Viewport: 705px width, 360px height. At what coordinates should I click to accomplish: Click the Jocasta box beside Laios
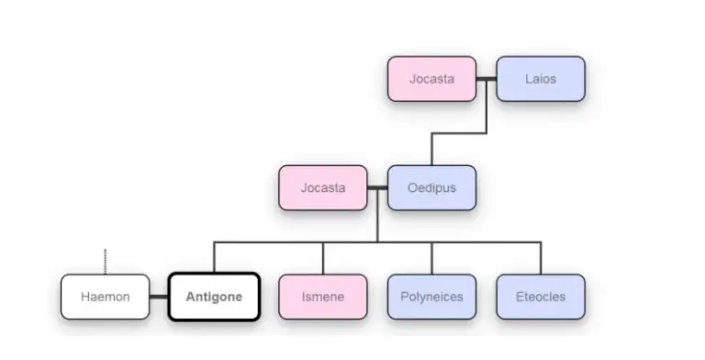[x=431, y=79]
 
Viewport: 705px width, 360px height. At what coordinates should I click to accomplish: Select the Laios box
[x=541, y=79]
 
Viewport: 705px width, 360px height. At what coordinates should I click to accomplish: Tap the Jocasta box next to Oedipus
[x=323, y=188]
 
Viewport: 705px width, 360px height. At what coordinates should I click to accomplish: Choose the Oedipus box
[x=431, y=188]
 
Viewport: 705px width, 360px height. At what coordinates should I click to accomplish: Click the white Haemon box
[x=105, y=297]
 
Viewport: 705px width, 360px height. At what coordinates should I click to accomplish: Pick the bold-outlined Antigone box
[x=214, y=297]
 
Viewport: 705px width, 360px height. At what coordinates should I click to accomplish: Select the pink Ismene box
[x=323, y=297]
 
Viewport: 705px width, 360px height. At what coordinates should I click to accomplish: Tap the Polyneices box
[x=431, y=297]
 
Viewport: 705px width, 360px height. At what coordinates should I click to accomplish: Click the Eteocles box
[x=541, y=297]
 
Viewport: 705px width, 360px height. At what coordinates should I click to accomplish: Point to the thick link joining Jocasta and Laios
[x=487, y=79]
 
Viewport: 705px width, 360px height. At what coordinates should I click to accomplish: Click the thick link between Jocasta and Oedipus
[x=377, y=188]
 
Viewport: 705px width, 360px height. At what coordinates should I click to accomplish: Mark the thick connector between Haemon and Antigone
[x=159, y=297]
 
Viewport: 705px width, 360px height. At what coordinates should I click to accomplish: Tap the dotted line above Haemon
[x=105, y=260]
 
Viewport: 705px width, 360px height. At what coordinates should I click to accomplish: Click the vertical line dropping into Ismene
[x=323, y=258]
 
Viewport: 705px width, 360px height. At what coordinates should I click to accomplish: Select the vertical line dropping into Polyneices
[x=431, y=258]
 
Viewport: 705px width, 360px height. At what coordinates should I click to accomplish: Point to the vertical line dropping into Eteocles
[x=541, y=258]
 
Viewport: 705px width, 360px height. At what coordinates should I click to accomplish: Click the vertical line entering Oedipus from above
[x=431, y=150]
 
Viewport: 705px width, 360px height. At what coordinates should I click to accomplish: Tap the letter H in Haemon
[x=84, y=297]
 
